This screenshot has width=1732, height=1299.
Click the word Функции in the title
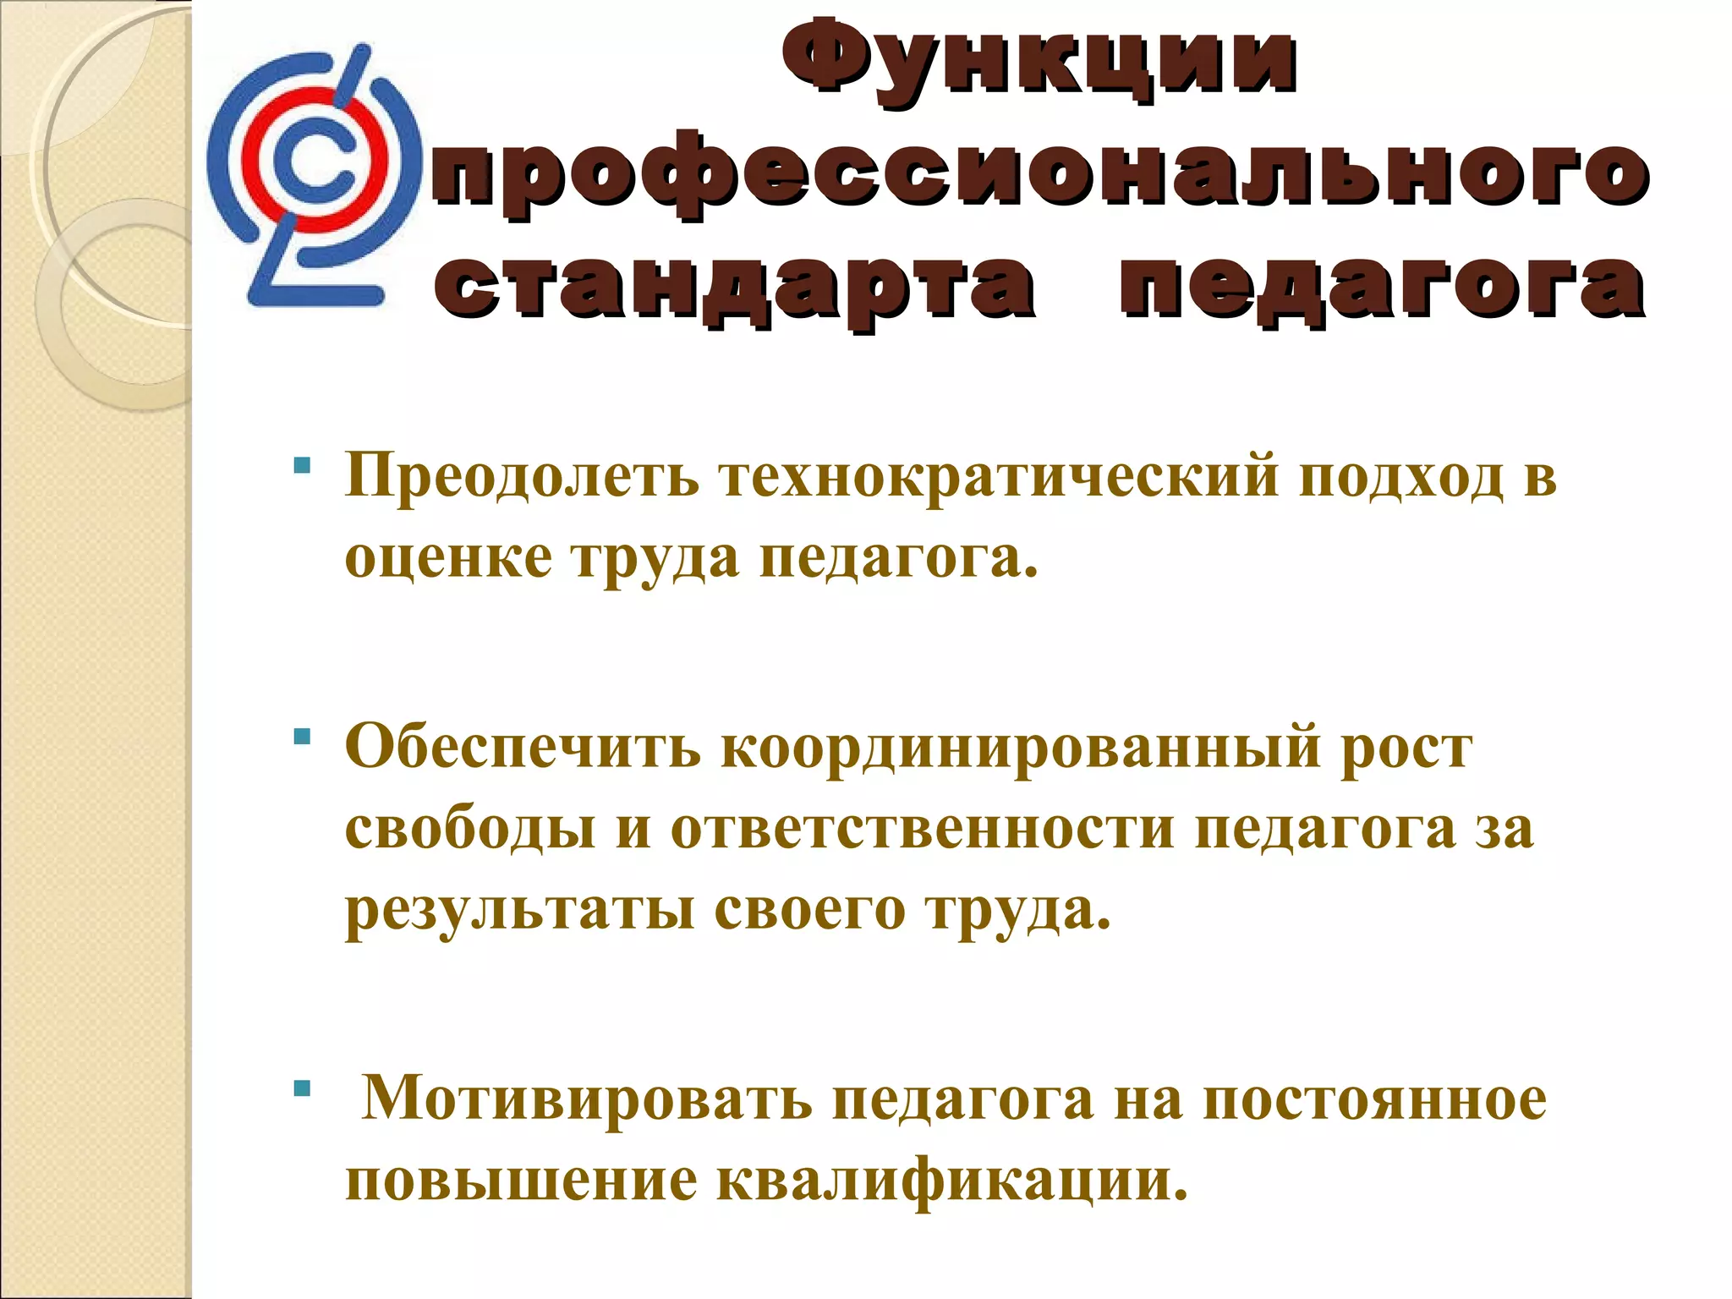[x=1039, y=62]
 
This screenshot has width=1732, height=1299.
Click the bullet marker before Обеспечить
[x=302, y=737]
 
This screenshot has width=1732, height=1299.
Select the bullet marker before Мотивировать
[x=302, y=1088]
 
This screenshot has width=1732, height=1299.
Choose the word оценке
[x=448, y=558]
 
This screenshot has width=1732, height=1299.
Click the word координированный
[x=1020, y=748]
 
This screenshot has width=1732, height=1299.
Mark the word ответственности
[x=922, y=829]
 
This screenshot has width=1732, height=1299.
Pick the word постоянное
[x=1375, y=1099]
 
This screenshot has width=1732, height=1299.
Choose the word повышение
[x=521, y=1180]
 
